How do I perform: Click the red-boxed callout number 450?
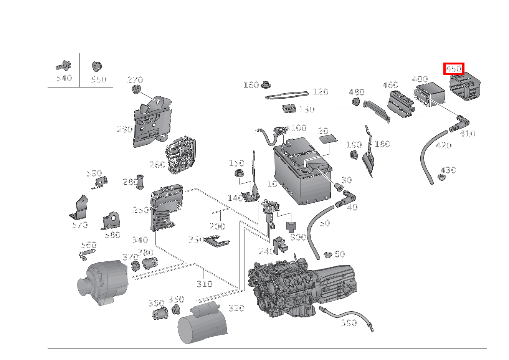click(454, 69)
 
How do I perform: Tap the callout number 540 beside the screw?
click(64, 78)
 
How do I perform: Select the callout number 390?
click(349, 323)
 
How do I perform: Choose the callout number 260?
click(157, 165)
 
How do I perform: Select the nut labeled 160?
click(265, 84)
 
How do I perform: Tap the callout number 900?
click(298, 237)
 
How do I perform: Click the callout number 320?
click(236, 308)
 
